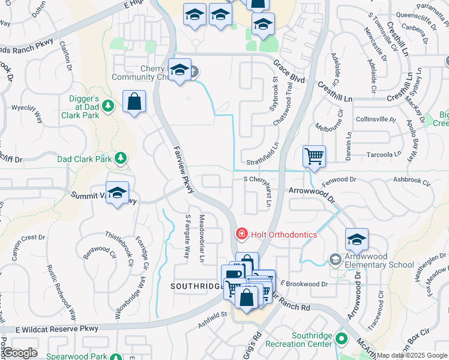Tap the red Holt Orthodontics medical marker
tap(241, 233)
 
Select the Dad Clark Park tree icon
tap(121, 158)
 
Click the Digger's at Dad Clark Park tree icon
tap(108, 106)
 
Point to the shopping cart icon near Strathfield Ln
tap(315, 157)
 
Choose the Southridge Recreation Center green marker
tap(342, 339)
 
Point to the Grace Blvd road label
tap(289, 71)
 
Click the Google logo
tap(19, 353)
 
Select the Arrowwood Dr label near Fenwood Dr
tap(310, 191)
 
